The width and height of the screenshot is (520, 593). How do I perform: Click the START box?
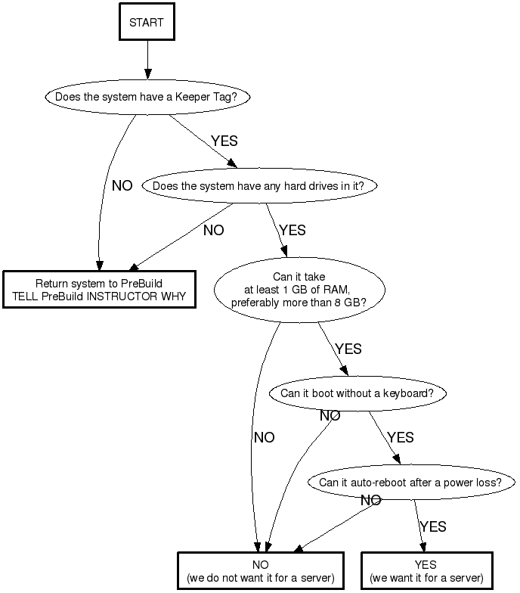tap(147, 23)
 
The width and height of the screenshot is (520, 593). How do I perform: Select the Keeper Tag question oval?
tap(147, 98)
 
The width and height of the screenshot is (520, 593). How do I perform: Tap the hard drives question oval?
tap(258, 185)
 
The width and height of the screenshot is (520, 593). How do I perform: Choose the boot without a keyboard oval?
tap(357, 393)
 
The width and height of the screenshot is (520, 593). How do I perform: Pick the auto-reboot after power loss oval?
tap(410, 483)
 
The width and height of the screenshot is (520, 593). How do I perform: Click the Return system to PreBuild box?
tap(99, 290)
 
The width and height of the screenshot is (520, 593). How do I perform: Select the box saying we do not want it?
tap(260, 571)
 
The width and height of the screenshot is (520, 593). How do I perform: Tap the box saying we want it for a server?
tap(426, 571)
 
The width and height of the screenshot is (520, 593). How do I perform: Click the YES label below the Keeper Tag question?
tap(224, 141)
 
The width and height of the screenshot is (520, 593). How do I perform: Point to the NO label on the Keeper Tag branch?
tap(122, 186)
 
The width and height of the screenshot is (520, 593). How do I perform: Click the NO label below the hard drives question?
tap(214, 231)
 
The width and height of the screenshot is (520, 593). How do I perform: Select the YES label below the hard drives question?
tap(292, 231)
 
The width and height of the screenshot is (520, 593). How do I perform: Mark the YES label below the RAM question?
tap(348, 349)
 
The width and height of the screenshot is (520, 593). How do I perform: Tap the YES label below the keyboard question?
tap(400, 438)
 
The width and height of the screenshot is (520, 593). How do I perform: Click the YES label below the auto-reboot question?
tap(433, 526)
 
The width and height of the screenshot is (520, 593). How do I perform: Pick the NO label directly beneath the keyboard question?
tap(330, 416)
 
